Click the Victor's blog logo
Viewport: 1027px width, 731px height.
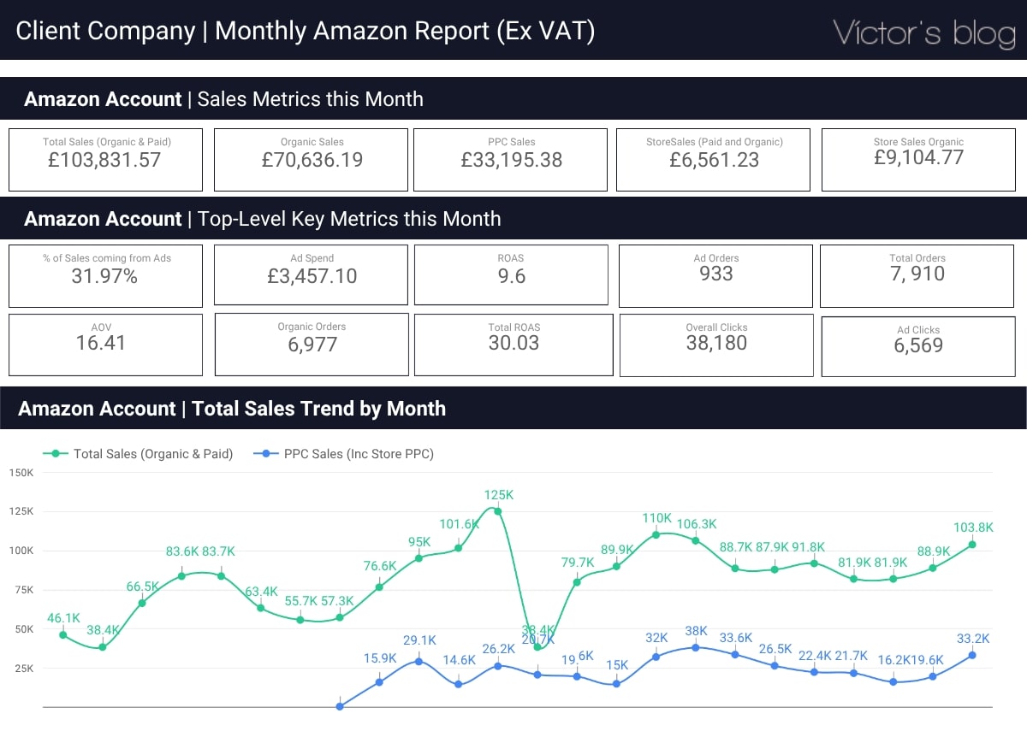pos(923,32)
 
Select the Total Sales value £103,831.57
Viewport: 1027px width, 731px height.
pos(106,160)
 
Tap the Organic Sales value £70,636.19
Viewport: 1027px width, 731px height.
pos(312,160)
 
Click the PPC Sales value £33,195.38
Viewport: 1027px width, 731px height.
pos(511,160)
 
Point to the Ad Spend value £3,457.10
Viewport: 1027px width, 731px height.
pos(312,276)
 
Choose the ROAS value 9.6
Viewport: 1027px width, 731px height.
pos(511,276)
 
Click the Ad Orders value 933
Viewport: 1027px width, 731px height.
pos(715,274)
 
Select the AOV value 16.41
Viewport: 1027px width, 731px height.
pos(100,343)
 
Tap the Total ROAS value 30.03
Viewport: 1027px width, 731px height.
pos(513,343)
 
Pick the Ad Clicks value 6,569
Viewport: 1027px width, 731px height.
pos(917,345)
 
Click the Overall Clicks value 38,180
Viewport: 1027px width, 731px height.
pos(716,343)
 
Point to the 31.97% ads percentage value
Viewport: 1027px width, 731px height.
pos(104,276)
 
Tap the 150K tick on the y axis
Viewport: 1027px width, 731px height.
pos(21,473)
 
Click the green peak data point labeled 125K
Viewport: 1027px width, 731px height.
pos(497,511)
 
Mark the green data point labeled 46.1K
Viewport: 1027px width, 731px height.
pos(63,634)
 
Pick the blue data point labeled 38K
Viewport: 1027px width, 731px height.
pos(696,647)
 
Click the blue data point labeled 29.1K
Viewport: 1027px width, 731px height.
pos(419,660)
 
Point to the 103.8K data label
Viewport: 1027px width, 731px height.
pos(972,528)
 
